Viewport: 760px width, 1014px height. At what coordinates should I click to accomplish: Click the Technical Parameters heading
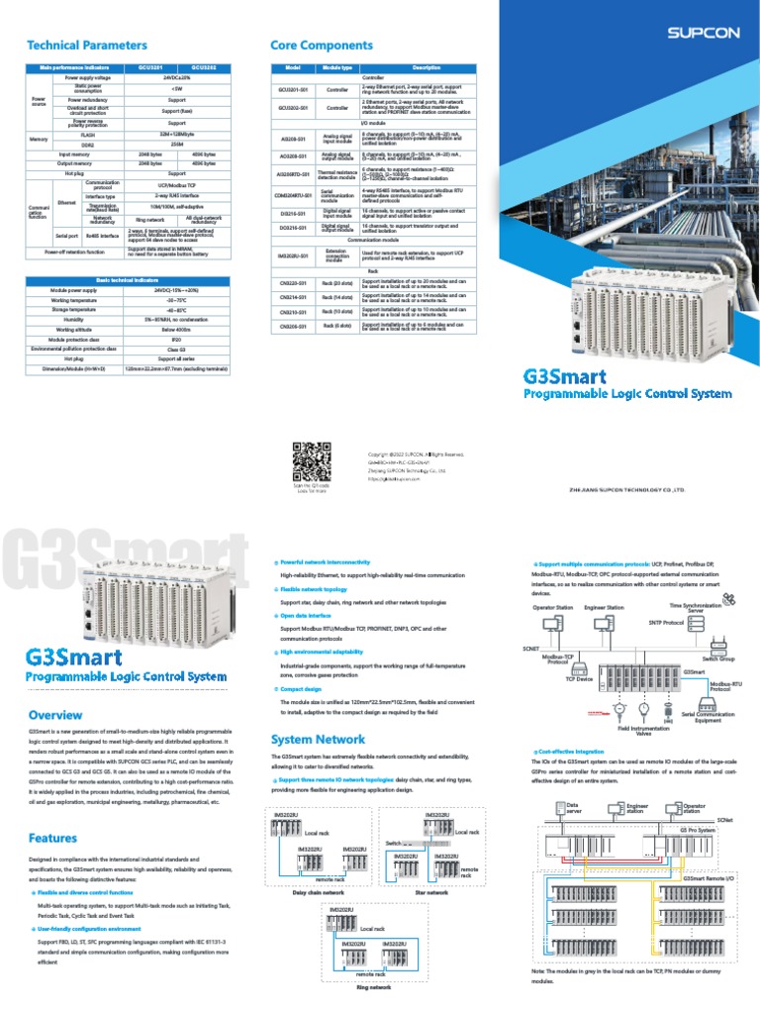[x=87, y=46]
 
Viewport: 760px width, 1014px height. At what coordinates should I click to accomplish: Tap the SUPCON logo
[x=703, y=33]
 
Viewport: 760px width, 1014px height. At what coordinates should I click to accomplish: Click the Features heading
[x=52, y=838]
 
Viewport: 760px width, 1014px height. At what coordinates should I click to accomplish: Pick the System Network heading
[x=318, y=739]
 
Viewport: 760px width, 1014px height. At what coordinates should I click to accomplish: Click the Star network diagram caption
[x=431, y=892]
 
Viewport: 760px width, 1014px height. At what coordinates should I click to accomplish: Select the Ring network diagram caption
[x=373, y=987]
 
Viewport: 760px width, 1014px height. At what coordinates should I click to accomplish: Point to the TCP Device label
[x=578, y=679]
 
